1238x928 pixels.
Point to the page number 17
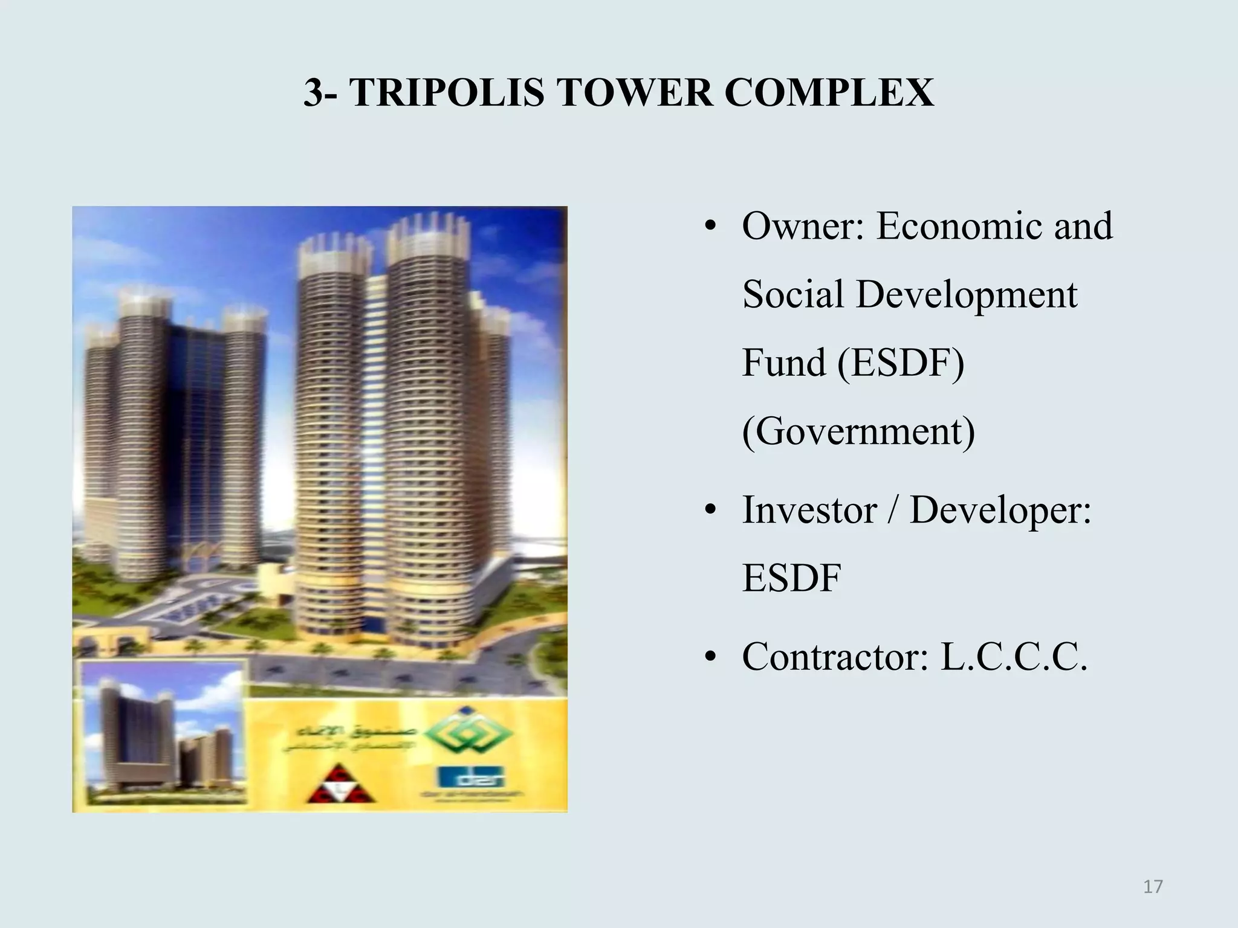pos(1153,887)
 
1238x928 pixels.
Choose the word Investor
pos(809,510)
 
